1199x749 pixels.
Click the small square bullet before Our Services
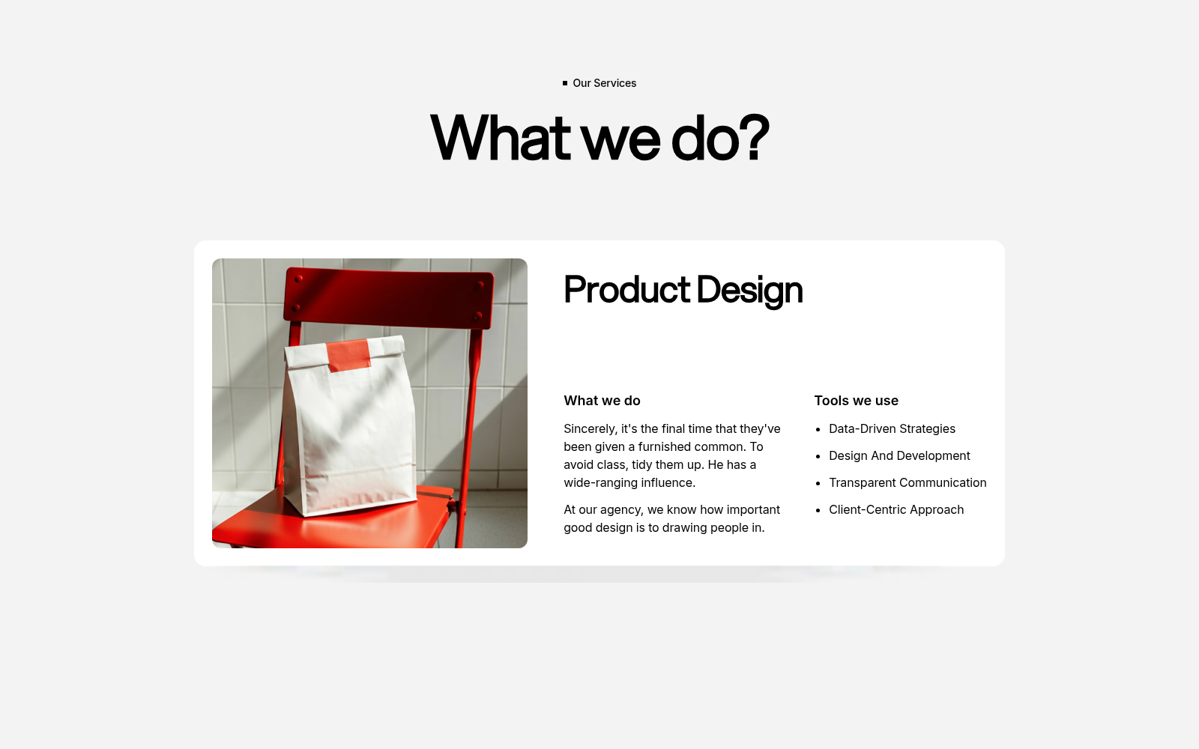pyautogui.click(x=565, y=83)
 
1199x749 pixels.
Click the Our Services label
pyautogui.click(x=604, y=83)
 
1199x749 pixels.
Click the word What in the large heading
pyautogui.click(x=501, y=137)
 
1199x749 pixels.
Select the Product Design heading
pyautogui.click(x=683, y=290)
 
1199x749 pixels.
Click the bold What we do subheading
pyautogui.click(x=602, y=401)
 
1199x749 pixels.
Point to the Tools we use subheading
pyautogui.click(x=857, y=401)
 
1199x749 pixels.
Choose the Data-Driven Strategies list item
pyautogui.click(x=893, y=428)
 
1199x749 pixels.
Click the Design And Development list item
pyautogui.click(x=899, y=456)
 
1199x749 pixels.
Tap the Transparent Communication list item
pyautogui.click(x=907, y=482)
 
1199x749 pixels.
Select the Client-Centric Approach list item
pyautogui.click(x=896, y=510)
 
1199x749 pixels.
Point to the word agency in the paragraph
pyautogui.click(x=621, y=510)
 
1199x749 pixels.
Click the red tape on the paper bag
pyautogui.click(x=348, y=355)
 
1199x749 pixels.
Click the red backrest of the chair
pyautogui.click(x=389, y=297)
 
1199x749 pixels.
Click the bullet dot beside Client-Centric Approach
pyautogui.click(x=818, y=510)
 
